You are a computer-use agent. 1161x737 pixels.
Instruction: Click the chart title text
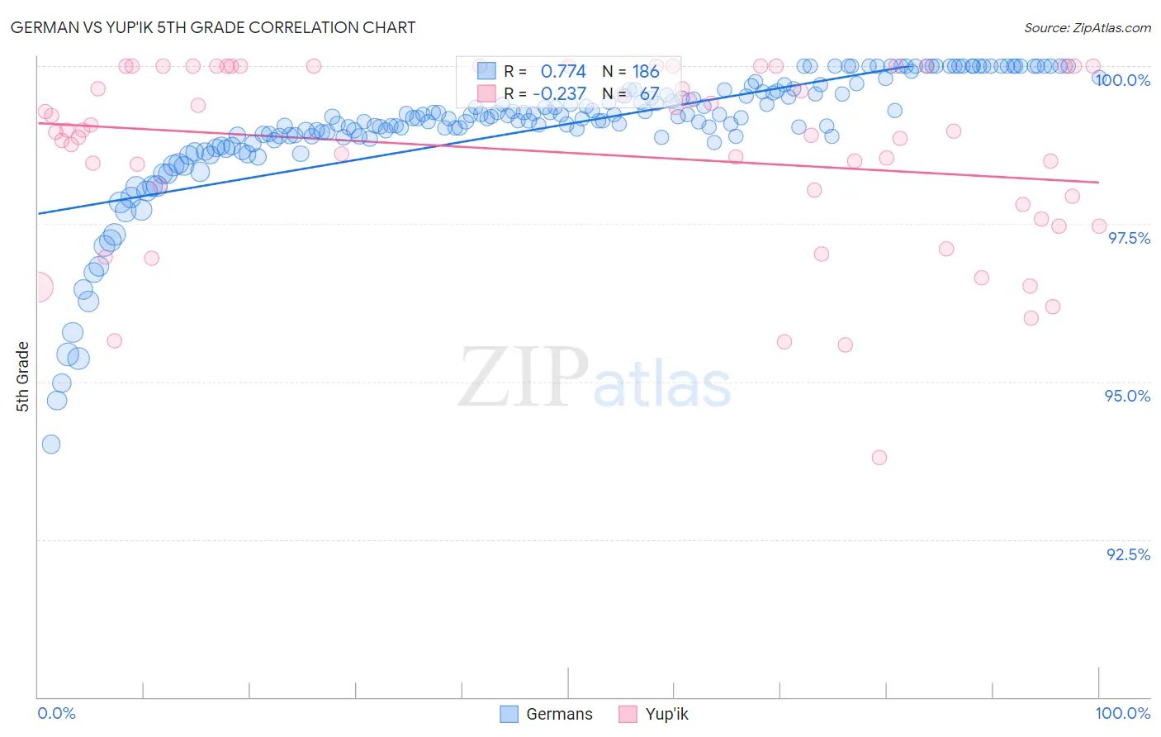pos(214,27)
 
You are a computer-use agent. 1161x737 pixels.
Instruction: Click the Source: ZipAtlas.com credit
pos(1087,28)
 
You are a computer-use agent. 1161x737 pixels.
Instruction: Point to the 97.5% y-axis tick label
pos(1129,238)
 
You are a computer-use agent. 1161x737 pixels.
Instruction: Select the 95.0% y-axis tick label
pos(1127,396)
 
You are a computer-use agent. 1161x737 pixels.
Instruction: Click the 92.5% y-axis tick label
pos(1128,554)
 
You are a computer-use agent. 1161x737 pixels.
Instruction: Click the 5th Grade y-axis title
pos(23,376)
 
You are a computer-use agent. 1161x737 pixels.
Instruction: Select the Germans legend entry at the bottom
pos(547,715)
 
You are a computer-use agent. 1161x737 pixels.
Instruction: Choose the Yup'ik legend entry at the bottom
pos(654,715)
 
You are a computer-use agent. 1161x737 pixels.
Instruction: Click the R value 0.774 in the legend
pos(563,72)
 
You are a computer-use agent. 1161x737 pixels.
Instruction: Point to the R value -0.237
pos(559,93)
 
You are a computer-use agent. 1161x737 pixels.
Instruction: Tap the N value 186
pos(646,72)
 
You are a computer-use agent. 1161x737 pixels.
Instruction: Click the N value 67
pos(649,93)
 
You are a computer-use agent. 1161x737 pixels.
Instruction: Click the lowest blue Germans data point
pos(51,445)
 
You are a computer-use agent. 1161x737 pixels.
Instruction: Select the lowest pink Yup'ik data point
pos(879,458)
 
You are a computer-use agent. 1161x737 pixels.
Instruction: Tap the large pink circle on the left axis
pos(38,288)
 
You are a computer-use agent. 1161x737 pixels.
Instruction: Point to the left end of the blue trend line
pos(38,214)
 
